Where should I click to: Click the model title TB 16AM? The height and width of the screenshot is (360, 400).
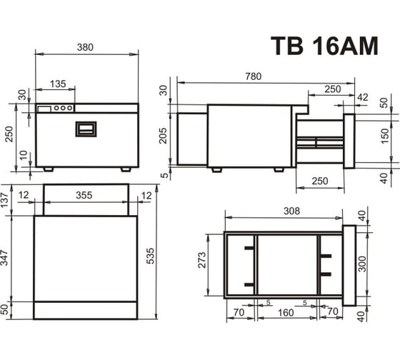tap(324, 46)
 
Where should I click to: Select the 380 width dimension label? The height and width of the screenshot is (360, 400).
tap(85, 47)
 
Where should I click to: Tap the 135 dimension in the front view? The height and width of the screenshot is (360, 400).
tap(58, 84)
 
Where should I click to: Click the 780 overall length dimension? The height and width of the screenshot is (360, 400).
tap(254, 76)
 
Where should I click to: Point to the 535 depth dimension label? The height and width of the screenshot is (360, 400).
tap(151, 256)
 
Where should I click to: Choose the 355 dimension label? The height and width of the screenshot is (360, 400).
tap(84, 195)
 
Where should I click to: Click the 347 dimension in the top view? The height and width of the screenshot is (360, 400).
tap(5, 258)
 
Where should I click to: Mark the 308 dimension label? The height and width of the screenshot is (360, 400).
tap(292, 211)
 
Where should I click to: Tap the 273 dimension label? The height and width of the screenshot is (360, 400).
tap(202, 260)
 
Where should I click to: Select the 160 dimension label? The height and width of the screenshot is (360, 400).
tap(286, 313)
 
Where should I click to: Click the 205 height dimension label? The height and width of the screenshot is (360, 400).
tap(163, 136)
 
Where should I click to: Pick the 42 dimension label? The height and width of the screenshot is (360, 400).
tap(363, 97)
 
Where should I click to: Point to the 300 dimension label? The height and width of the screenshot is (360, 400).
tap(362, 264)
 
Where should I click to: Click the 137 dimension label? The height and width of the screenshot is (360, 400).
tap(5, 201)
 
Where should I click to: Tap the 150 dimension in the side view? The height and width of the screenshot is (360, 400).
tap(385, 136)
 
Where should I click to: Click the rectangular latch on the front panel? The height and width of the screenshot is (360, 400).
tap(86, 129)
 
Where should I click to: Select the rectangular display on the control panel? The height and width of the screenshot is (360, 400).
tap(44, 109)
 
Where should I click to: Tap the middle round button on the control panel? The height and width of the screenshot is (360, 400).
tap(63, 108)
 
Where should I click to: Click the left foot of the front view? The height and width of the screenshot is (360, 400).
tap(49, 169)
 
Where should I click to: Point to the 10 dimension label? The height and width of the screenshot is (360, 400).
tap(24, 155)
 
